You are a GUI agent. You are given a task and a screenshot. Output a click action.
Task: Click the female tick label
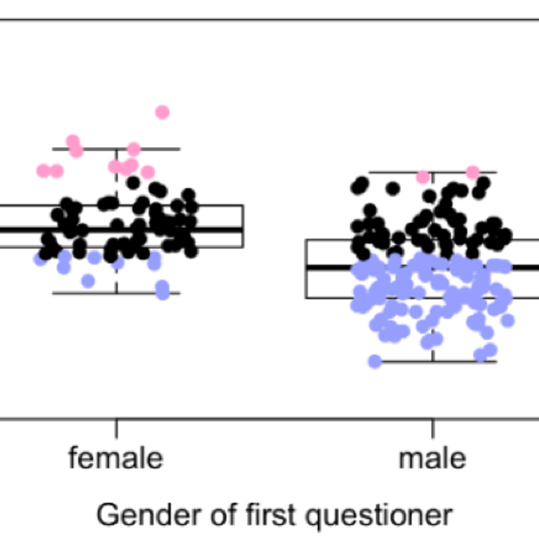[115, 458]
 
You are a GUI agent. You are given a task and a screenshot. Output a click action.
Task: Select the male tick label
[432, 458]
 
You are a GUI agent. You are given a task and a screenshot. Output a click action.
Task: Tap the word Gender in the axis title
[137, 515]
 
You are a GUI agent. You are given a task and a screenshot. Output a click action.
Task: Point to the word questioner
[379, 515]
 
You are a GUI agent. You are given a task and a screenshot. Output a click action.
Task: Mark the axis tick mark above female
[116, 428]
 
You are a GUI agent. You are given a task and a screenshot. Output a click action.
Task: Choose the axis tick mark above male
[432, 428]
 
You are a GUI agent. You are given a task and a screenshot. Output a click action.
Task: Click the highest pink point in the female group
[162, 112]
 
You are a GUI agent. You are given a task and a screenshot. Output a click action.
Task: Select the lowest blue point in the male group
[374, 361]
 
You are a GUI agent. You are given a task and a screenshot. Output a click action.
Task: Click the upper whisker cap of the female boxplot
[162, 149]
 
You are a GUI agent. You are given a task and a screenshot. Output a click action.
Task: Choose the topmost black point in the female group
[133, 183]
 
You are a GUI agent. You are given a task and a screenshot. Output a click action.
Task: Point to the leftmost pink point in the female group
[43, 171]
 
